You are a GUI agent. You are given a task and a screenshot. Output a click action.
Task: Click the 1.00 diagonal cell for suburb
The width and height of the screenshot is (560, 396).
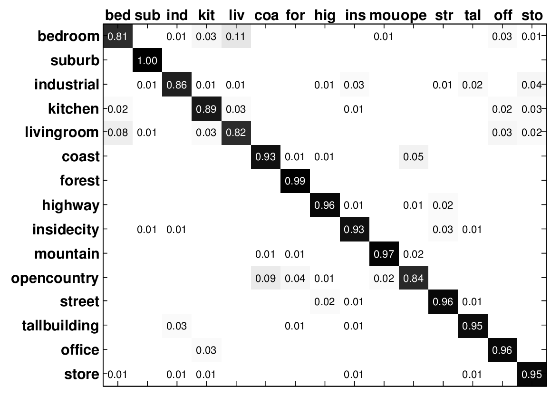(x=147, y=61)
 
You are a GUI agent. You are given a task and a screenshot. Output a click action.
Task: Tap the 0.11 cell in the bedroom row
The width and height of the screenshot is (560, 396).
(x=236, y=37)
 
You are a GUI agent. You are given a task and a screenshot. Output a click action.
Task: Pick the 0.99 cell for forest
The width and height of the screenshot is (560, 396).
(x=295, y=181)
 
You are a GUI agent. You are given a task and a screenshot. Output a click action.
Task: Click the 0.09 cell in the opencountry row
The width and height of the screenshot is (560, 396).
(x=265, y=278)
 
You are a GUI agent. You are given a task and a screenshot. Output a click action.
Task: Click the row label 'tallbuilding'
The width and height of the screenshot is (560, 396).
(x=60, y=326)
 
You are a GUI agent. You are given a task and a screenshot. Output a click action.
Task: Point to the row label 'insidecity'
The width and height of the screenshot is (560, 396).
(x=66, y=230)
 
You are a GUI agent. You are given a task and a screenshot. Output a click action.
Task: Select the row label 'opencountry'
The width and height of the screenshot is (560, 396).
(x=55, y=278)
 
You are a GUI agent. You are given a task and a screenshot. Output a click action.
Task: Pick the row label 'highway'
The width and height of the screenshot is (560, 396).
(x=70, y=205)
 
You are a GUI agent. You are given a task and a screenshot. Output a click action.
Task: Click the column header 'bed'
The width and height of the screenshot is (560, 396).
(x=117, y=15)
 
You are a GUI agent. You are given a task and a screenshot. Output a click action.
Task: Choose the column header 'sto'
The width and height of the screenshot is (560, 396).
(x=531, y=15)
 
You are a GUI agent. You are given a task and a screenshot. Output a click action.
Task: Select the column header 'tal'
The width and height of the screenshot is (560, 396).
(x=472, y=15)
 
